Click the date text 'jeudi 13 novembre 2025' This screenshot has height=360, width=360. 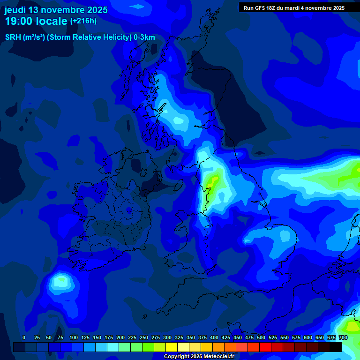[x=56, y=10]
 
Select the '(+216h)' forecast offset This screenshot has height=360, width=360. [x=83, y=21]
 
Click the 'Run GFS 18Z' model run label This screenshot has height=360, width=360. [x=261, y=8]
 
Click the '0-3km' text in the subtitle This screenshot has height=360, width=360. [x=144, y=37]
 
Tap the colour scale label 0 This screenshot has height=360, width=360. [x=24, y=337]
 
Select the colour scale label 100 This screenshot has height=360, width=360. [x=74, y=337]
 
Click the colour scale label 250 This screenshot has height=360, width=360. [x=144, y=337]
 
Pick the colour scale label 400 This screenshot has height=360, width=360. [x=214, y=337]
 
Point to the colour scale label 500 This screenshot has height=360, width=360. [x=261, y=337]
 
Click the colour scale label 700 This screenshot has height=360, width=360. [x=343, y=337]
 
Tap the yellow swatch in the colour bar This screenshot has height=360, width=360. [x=172, y=347]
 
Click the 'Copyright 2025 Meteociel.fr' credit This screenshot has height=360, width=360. [x=199, y=357]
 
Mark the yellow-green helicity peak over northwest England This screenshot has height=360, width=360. [x=213, y=180]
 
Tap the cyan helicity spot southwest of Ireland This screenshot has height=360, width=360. [x=60, y=281]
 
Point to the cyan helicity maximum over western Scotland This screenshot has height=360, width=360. [x=178, y=120]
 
